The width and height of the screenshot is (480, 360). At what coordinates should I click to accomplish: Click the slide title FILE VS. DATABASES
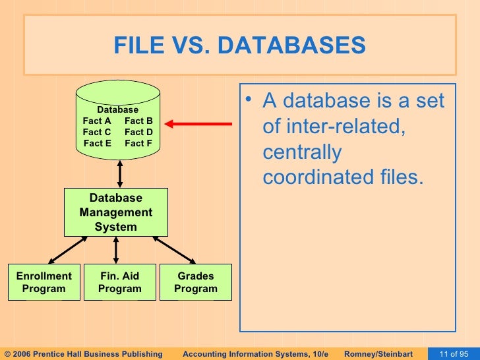[239, 46]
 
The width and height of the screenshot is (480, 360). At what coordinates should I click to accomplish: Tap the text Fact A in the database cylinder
[96, 121]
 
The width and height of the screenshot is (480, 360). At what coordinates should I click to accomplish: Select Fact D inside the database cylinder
[138, 132]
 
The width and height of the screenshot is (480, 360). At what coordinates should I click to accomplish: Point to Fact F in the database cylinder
[138, 143]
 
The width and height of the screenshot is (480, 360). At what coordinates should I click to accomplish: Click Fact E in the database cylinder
[97, 143]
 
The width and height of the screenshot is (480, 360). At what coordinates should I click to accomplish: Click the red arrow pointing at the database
[198, 123]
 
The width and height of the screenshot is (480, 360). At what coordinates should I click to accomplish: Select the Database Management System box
[115, 212]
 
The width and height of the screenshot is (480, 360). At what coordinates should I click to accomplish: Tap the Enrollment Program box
[44, 282]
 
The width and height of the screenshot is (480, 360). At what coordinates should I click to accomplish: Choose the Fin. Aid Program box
[119, 282]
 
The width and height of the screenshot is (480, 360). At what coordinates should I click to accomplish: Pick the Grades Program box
[196, 282]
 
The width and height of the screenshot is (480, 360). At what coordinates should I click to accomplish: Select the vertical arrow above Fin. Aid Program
[117, 251]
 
